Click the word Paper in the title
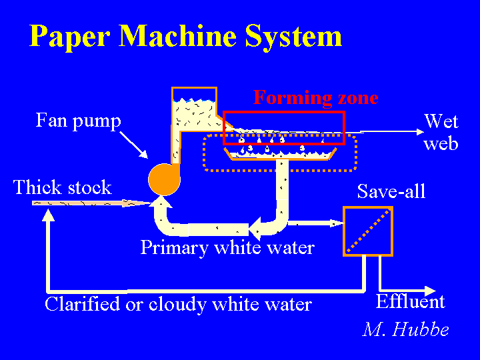click(69, 37)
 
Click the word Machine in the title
click(177, 35)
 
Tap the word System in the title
click(293, 37)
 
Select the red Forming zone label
click(315, 97)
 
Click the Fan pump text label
click(79, 121)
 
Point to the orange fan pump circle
click(164, 179)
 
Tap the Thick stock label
click(63, 187)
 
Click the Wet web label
click(441, 133)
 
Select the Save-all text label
click(391, 191)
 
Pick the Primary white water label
click(227, 247)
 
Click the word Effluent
click(410, 302)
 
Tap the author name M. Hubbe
click(405, 329)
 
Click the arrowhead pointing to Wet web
click(421, 132)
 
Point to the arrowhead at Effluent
click(431, 291)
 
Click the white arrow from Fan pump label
click(133, 145)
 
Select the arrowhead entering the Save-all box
click(337, 223)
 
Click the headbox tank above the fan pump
click(195, 109)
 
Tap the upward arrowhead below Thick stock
click(49, 215)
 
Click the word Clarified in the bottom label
click(83, 304)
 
